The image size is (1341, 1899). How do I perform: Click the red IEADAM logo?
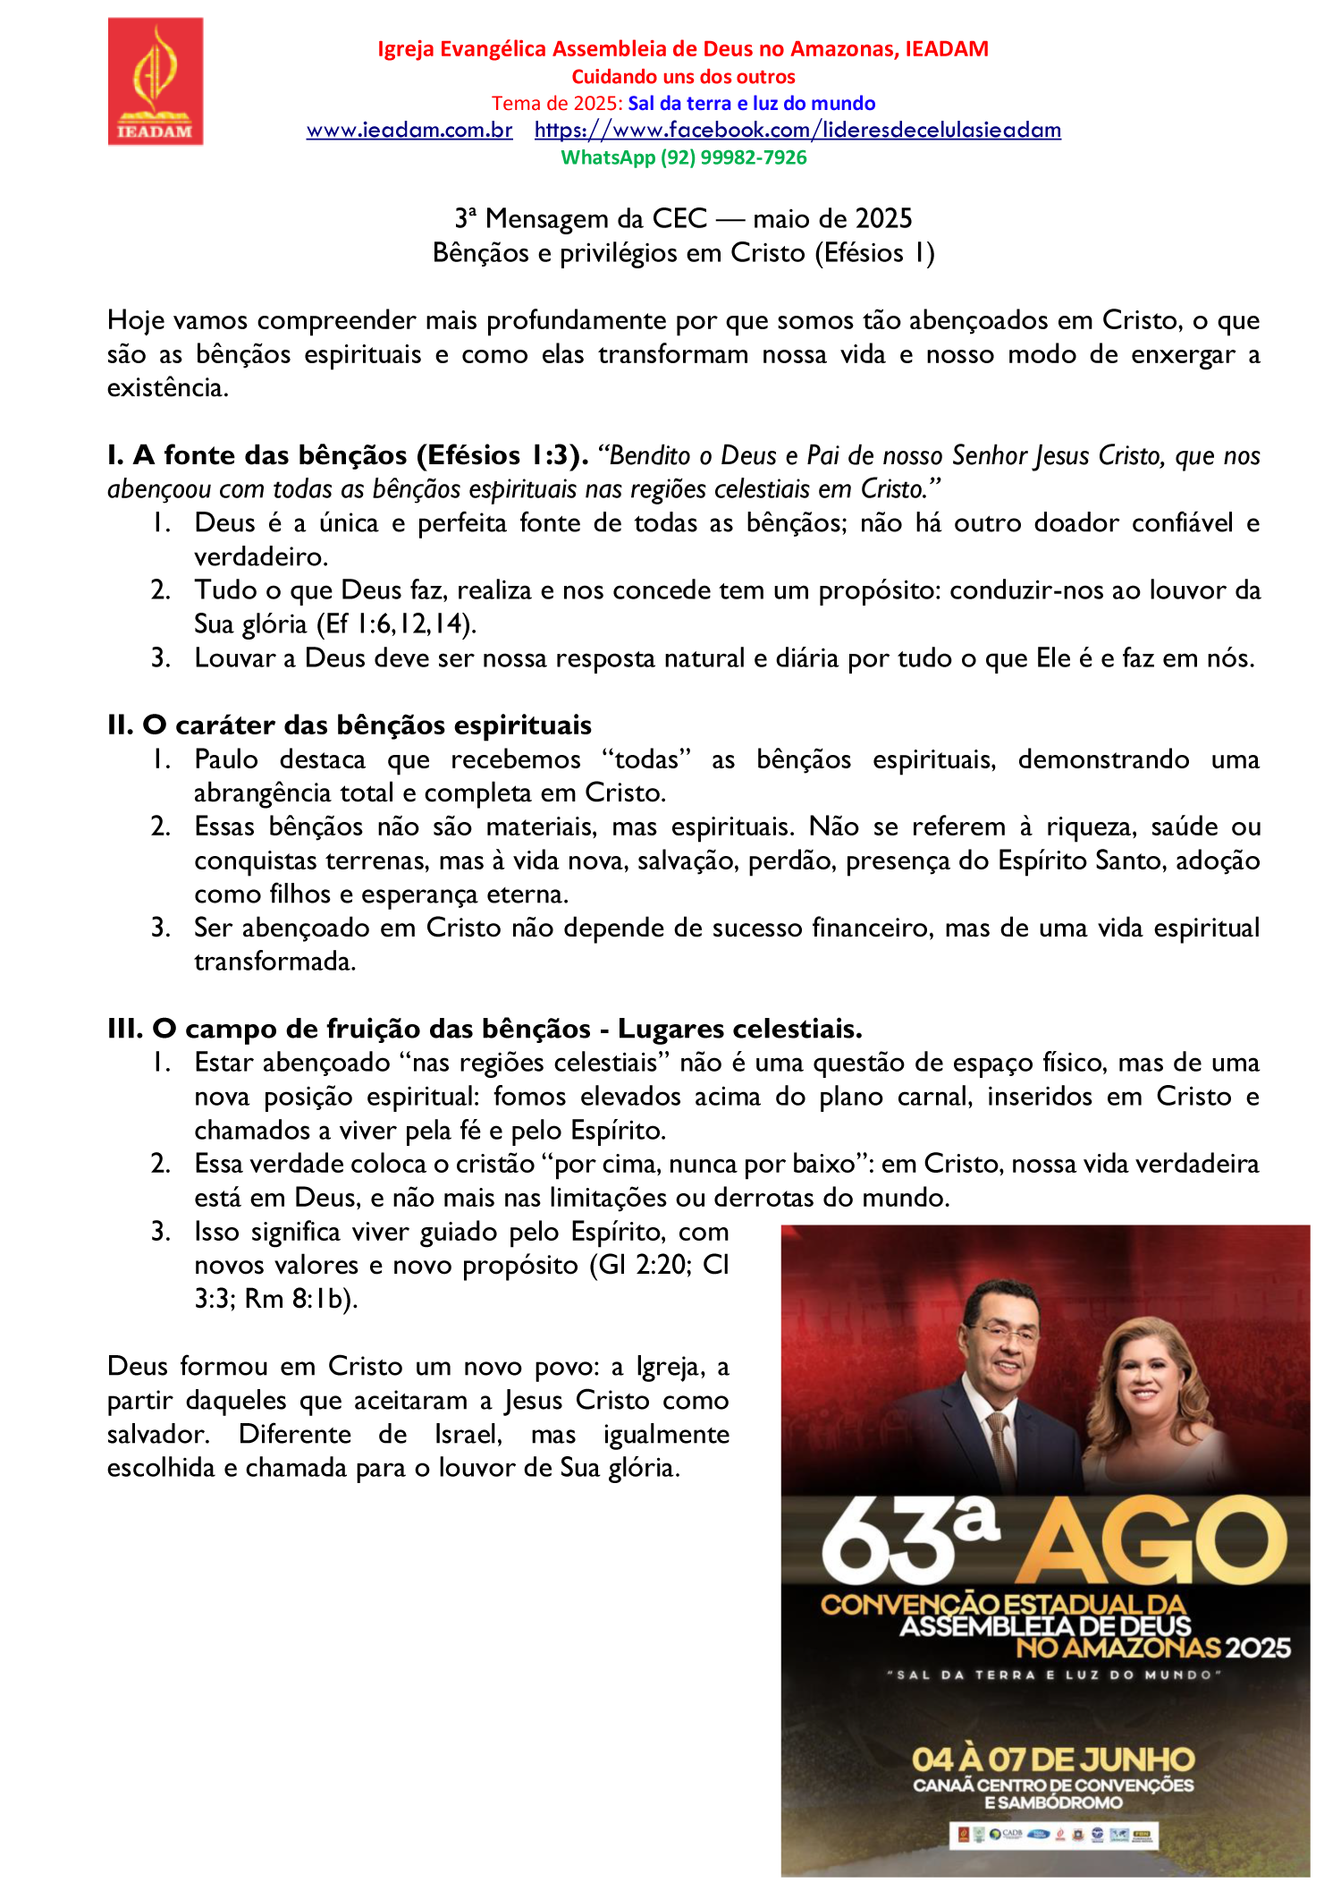click(x=156, y=81)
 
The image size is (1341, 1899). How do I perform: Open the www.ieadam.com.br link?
click(x=409, y=131)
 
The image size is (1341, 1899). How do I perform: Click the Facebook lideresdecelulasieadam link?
click(x=797, y=131)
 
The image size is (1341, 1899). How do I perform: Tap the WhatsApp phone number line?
click(x=683, y=157)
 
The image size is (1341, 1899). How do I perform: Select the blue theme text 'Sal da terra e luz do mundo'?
click(x=751, y=104)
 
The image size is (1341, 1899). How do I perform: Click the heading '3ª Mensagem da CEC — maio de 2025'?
click(x=683, y=219)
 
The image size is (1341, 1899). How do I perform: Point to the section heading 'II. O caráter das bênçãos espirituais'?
click(x=350, y=725)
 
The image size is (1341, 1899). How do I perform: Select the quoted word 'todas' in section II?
click(x=647, y=759)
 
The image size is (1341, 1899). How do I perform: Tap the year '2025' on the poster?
click(x=1258, y=1649)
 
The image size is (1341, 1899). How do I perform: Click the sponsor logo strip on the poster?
click(x=1053, y=1835)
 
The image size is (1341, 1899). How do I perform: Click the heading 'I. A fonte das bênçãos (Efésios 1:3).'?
click(x=348, y=456)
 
